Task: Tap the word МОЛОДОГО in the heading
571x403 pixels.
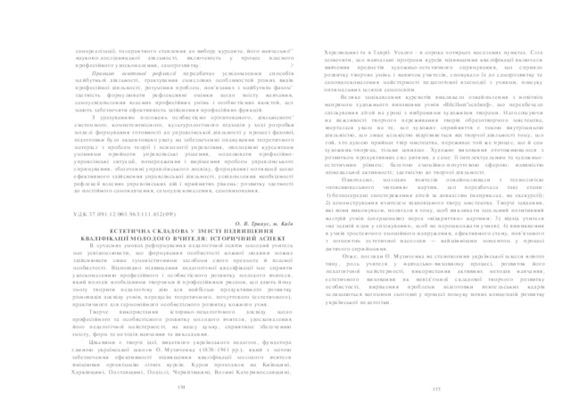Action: (133, 189)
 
